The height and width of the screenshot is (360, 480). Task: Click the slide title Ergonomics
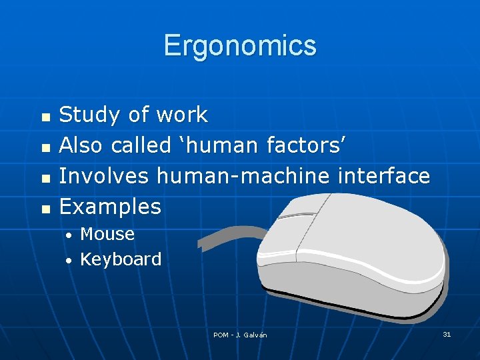(x=240, y=46)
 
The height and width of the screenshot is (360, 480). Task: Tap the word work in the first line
(x=181, y=115)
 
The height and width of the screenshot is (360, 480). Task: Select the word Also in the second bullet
(x=82, y=145)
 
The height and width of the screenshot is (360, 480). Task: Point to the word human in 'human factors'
(x=221, y=145)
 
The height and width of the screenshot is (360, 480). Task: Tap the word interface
(x=383, y=176)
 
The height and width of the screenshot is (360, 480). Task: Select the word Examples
(x=110, y=207)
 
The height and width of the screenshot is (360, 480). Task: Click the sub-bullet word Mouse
(x=107, y=234)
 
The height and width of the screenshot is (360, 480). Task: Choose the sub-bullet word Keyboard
(x=121, y=259)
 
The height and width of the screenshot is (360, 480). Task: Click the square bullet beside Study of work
(x=45, y=117)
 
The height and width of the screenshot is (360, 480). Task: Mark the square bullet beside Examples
(x=45, y=209)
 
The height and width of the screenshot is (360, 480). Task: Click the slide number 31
(x=447, y=334)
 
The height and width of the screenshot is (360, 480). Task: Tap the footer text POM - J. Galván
(x=240, y=335)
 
